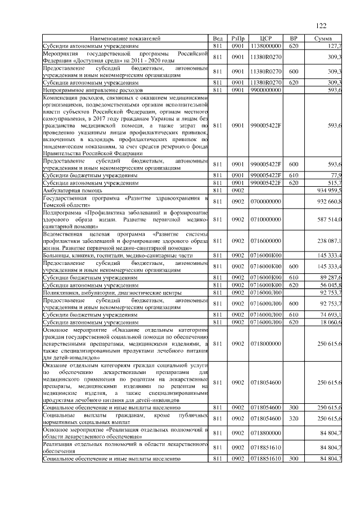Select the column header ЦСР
pos(267,38)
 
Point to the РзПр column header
pos(238,38)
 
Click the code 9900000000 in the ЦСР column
pos(267,89)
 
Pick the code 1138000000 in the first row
pos(267,45)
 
